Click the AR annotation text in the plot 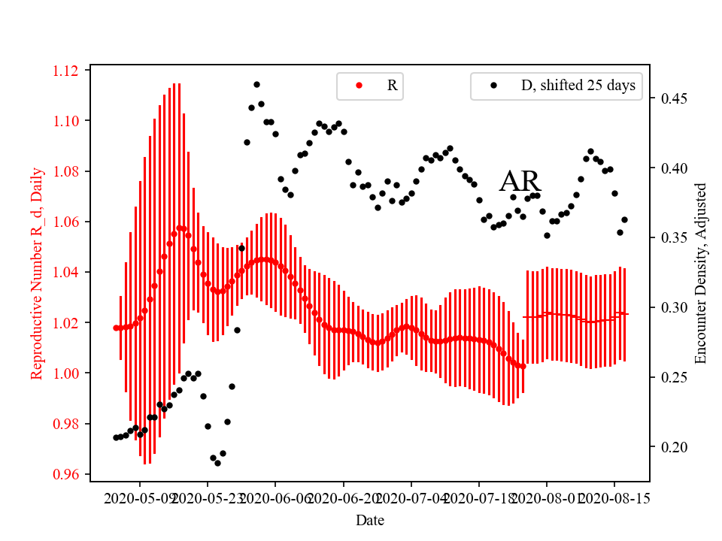pos(520,182)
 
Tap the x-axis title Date pos(370,519)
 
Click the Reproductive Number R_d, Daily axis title pos(36,271)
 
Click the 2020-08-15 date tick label pos(614,498)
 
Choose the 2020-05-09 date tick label pos(141,498)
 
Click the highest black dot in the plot pos(256,84)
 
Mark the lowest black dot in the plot pos(217,463)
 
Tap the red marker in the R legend pos(358,86)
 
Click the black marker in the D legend pos(493,86)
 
